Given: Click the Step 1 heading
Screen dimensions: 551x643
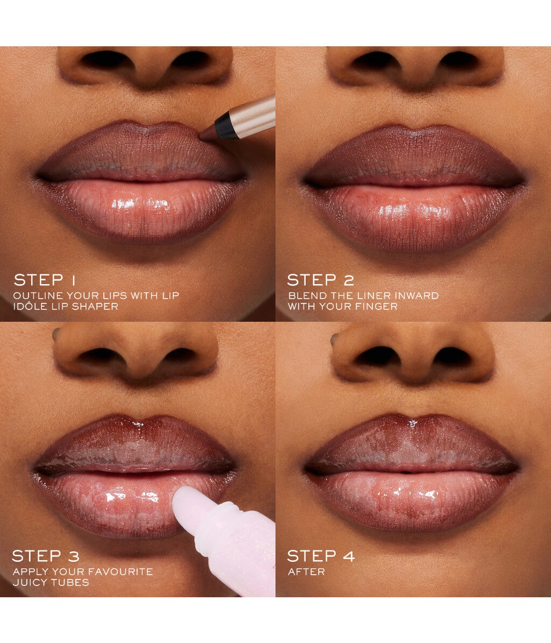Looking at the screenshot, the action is [x=45, y=280].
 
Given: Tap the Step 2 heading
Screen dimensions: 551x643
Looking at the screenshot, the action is [x=320, y=280].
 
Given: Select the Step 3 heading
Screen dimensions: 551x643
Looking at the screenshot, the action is [x=46, y=556].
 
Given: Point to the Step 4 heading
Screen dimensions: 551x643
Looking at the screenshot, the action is [x=321, y=556].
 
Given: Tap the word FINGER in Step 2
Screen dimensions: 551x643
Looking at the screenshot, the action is [x=377, y=306].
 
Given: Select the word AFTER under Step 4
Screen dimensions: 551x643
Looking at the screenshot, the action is [x=306, y=571].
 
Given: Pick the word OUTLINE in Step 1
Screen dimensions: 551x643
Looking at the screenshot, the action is [x=38, y=295].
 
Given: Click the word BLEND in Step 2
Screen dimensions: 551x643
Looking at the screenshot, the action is [x=307, y=295].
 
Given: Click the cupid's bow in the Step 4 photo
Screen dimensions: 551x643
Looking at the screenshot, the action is [x=413, y=420].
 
